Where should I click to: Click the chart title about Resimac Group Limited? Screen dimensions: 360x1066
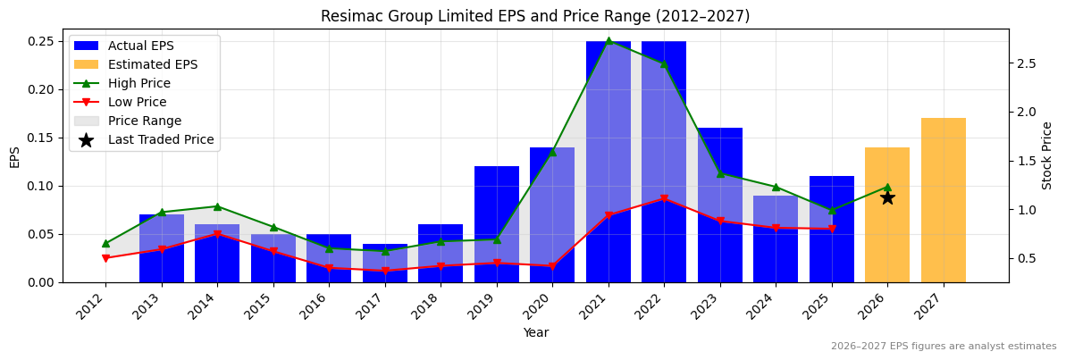(535, 16)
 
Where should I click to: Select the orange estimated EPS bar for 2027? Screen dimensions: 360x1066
(943, 200)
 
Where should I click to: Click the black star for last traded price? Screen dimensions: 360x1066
(887, 197)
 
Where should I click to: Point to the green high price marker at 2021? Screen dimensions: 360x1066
(609, 41)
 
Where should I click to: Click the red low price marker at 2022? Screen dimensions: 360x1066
(664, 198)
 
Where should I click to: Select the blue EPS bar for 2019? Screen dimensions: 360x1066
(497, 223)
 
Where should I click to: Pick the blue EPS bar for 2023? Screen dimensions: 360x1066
(720, 205)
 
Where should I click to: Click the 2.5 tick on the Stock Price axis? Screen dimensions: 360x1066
(1025, 63)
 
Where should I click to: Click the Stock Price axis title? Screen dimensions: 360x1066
(1047, 155)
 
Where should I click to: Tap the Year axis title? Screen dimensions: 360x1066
(535, 332)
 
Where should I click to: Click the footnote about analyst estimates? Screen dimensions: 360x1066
(943, 347)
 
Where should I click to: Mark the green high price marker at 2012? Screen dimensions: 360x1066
(105, 243)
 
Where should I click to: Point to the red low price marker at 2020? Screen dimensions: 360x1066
(552, 266)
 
